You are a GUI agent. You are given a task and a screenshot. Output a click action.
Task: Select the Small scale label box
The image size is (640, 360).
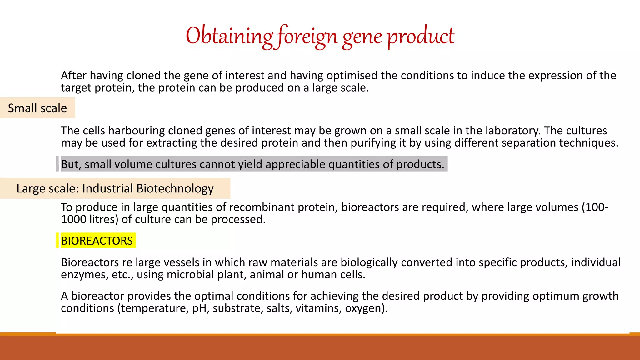coord(37,108)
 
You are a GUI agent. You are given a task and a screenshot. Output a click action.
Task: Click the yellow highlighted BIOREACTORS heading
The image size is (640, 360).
coord(97,241)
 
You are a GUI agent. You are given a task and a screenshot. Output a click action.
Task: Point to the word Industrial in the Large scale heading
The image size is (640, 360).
coord(108,189)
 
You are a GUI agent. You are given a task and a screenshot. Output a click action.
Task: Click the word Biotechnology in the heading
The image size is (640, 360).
coord(175,189)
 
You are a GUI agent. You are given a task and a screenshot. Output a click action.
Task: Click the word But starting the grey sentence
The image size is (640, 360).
coord(70,164)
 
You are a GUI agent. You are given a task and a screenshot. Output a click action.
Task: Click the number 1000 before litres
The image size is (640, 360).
coord(73,220)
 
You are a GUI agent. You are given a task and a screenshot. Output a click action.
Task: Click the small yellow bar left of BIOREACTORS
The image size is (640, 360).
coord(57,241)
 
